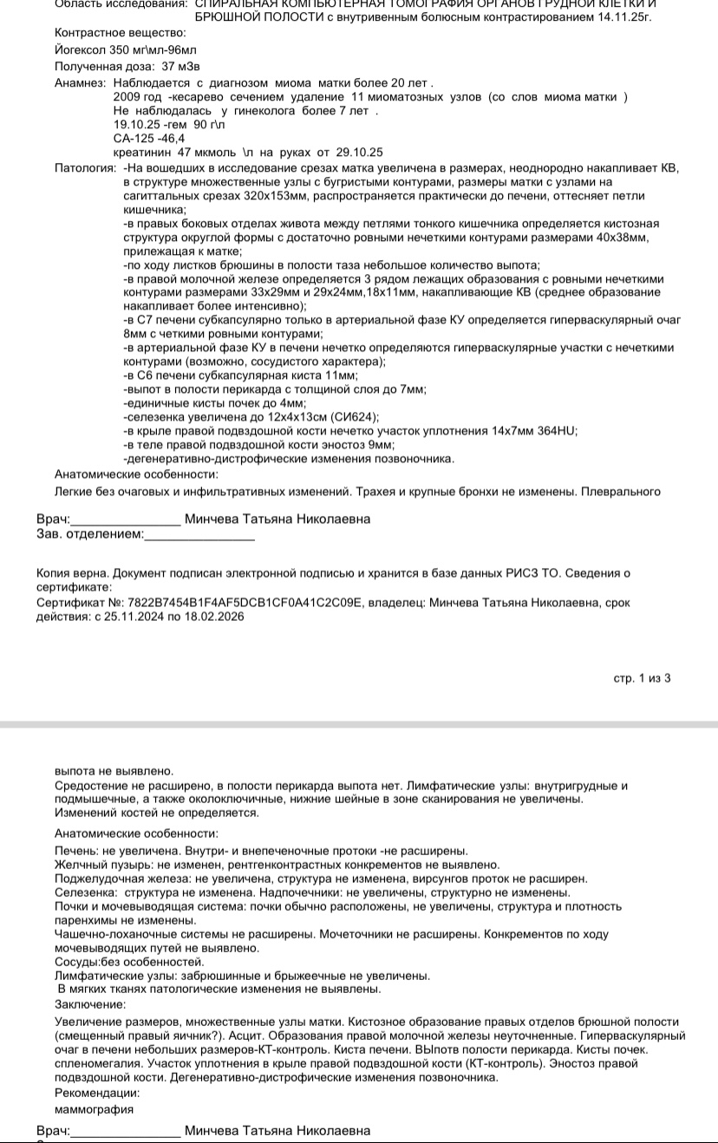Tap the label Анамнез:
click(80, 82)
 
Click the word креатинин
click(142, 152)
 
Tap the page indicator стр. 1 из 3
click(642, 678)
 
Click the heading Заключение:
click(89, 1004)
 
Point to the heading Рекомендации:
click(96, 1093)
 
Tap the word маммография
click(94, 1108)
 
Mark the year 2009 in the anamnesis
click(127, 96)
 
